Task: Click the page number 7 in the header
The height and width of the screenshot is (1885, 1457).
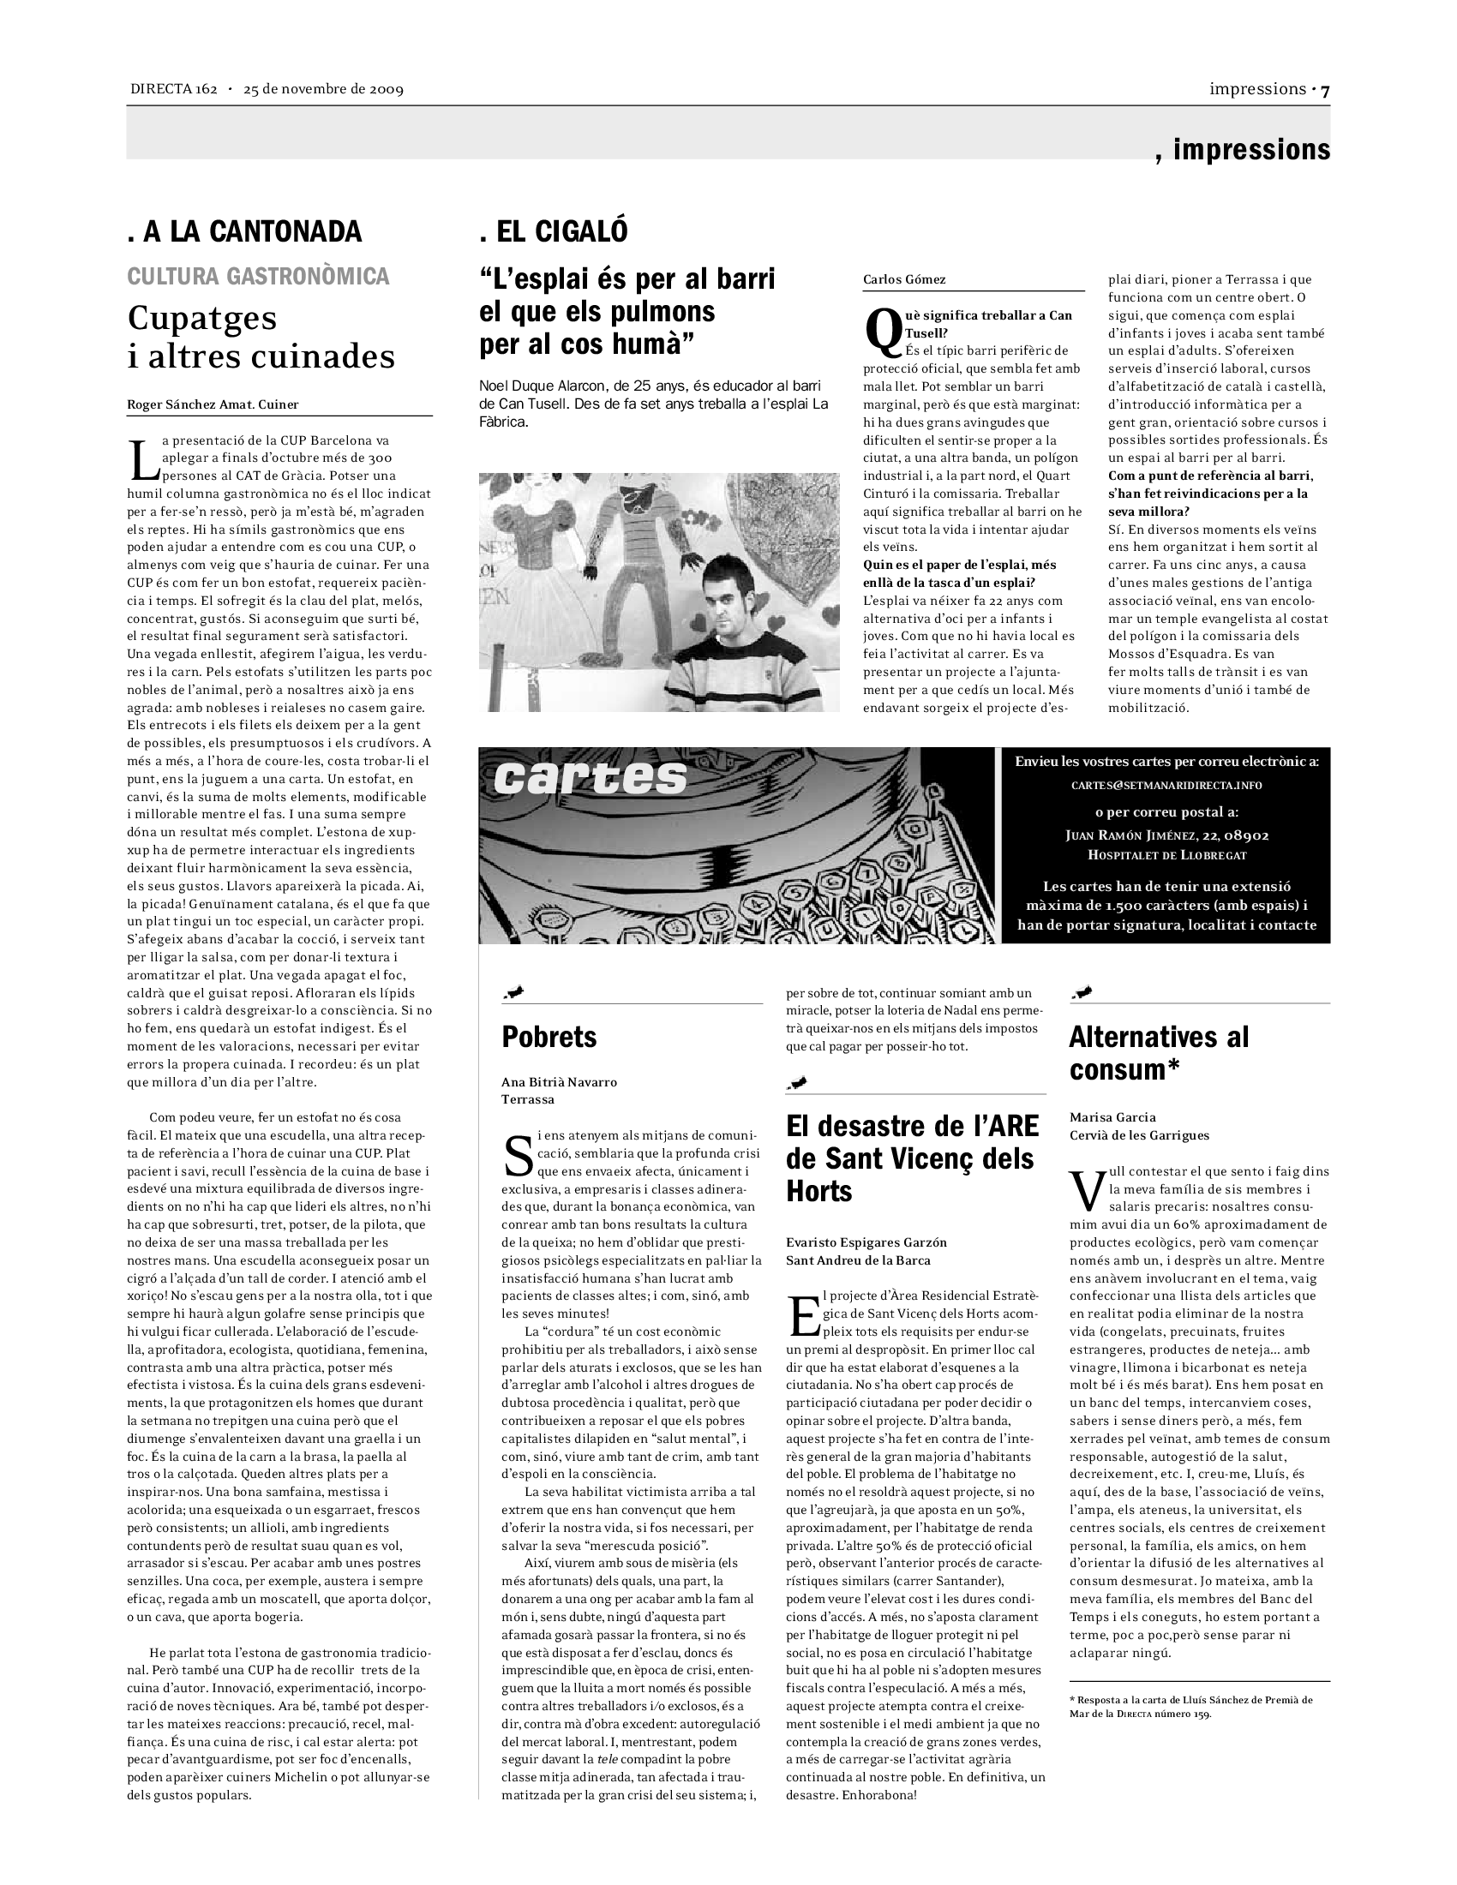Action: (1325, 90)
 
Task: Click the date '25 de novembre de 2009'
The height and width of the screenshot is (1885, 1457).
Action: (324, 89)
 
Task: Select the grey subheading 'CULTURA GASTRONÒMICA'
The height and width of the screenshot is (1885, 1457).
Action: (258, 276)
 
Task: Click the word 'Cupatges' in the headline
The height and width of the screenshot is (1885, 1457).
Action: (202, 318)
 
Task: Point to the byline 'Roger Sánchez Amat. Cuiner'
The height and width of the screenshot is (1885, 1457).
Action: (213, 404)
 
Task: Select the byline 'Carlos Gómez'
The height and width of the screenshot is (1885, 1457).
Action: (903, 279)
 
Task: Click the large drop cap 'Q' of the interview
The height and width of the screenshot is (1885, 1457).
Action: (882, 333)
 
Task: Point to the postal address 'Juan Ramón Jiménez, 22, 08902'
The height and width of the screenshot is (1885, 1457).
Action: (1167, 835)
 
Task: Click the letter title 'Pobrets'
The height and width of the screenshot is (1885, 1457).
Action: (549, 1037)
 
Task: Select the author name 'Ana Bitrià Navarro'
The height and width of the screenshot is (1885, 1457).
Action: (560, 1081)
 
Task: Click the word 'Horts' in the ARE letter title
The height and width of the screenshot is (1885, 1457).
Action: (819, 1192)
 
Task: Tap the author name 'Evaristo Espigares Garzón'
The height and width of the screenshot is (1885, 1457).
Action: (866, 1242)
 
